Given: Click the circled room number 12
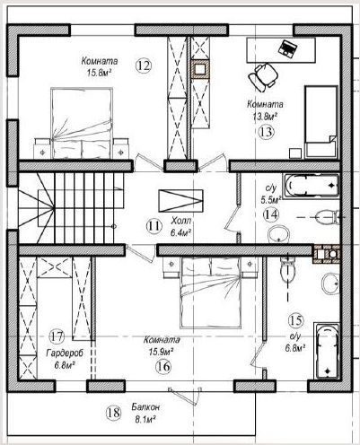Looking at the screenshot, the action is point(144,65).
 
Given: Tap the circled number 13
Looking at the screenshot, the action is point(266,132).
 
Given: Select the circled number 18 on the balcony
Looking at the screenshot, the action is point(113,413).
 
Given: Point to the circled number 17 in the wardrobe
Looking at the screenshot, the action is point(57,336).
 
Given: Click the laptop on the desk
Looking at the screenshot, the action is point(287,48).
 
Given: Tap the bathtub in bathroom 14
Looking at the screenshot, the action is point(312,186).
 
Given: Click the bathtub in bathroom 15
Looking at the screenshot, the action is point(326,351).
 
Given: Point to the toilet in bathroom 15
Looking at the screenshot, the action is point(288,268).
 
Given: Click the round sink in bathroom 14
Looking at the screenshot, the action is point(279,234).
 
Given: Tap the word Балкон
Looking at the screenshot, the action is point(145,407).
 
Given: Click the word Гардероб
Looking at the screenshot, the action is point(65,353).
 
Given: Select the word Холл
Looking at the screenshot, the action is point(181,222).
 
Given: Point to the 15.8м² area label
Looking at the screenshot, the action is point(98,73).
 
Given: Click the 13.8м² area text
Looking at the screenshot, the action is point(264,117).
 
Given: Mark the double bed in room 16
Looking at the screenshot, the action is point(211,293).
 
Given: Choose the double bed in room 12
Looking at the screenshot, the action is point(82,123).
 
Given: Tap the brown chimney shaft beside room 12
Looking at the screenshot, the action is point(200,69).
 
